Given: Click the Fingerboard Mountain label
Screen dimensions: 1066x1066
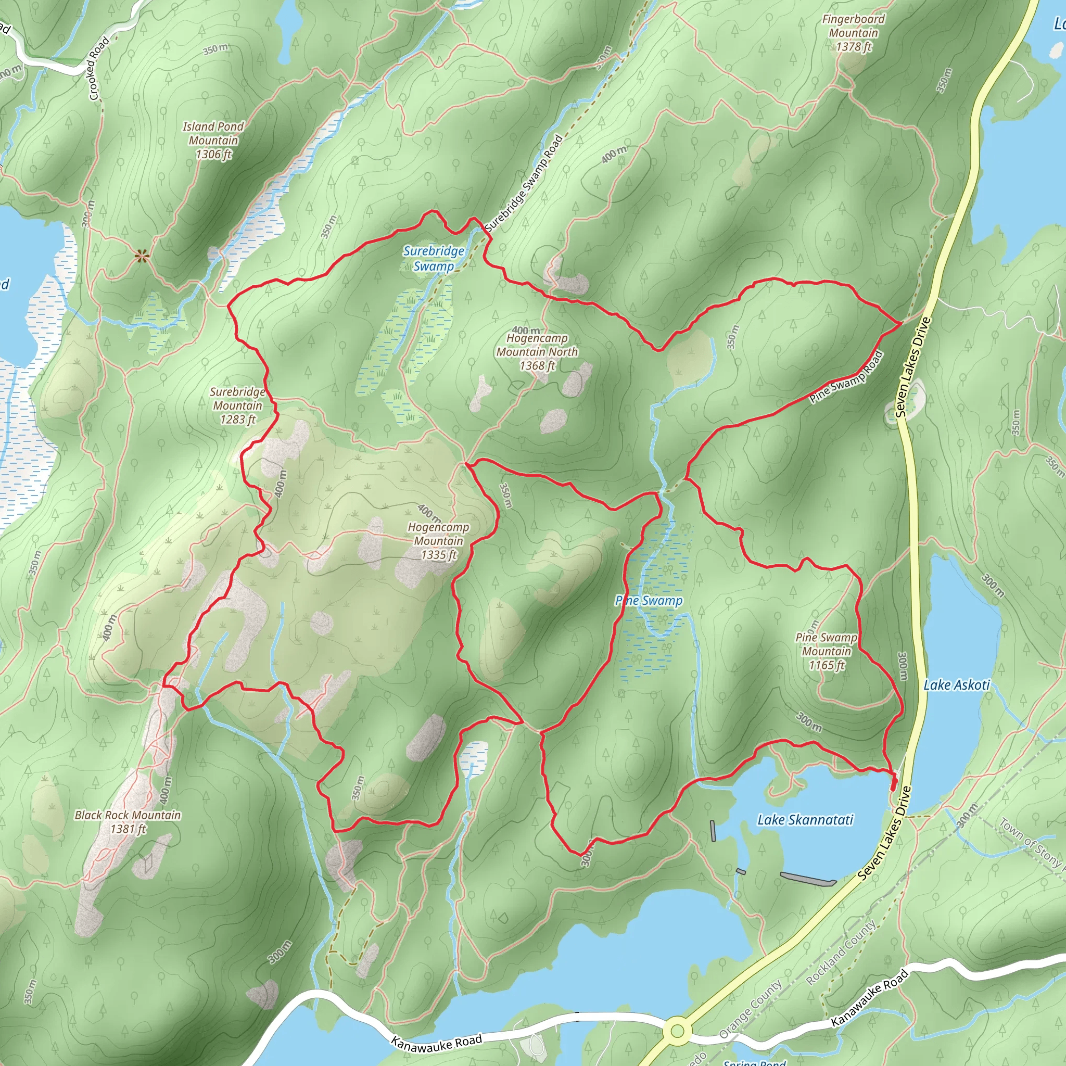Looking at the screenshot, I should (x=853, y=33).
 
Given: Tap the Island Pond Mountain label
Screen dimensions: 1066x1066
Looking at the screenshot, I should (x=213, y=140).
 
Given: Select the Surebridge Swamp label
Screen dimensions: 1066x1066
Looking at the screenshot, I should (x=434, y=258).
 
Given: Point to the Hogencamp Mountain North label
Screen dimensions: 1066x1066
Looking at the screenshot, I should (x=537, y=351).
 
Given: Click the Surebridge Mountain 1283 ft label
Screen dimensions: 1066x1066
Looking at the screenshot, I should (x=238, y=405).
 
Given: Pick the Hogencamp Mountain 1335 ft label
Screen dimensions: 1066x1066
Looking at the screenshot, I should (x=439, y=541).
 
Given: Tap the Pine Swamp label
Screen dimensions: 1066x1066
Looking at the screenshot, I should (x=649, y=600).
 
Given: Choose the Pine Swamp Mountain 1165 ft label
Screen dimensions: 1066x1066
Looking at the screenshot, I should (x=826, y=651).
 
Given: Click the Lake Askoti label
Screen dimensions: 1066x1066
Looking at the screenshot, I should (x=957, y=685).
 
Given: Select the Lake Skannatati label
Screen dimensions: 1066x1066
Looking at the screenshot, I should (x=805, y=820).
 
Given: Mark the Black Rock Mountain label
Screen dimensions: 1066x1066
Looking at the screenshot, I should (x=128, y=821).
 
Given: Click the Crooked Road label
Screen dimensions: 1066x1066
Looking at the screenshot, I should (x=99, y=68).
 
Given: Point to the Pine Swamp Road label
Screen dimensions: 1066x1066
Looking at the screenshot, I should (x=846, y=377).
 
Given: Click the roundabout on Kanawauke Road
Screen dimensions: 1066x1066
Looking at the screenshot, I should (x=678, y=1030).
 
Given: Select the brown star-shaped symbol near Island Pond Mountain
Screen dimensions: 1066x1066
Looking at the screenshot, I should (x=142, y=255).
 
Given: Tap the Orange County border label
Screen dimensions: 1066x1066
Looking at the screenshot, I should (x=751, y=1009).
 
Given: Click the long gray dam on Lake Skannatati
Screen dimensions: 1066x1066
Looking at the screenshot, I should (x=808, y=879).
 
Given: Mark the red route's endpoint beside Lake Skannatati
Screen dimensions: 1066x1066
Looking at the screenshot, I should (x=893, y=784).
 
